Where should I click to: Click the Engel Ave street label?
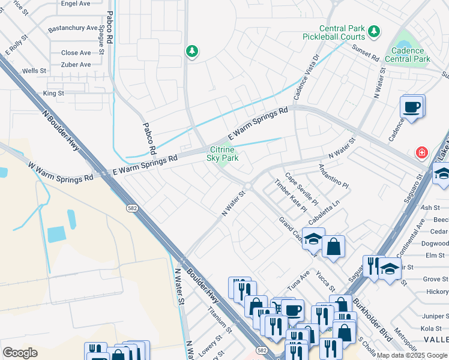76,3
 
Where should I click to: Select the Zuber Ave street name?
76,65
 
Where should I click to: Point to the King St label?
53,94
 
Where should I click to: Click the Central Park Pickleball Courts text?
342,32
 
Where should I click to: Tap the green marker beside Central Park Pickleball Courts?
375,31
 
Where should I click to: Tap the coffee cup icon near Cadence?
412,107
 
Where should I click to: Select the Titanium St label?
219,320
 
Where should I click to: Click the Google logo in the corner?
20,353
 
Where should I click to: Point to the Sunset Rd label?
366,54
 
